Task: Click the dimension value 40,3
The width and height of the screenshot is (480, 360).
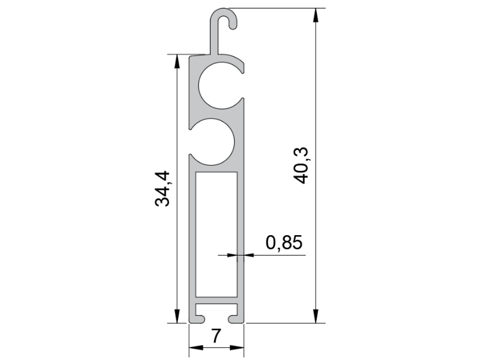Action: point(301,166)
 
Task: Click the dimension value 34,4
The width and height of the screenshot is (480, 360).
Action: point(162,189)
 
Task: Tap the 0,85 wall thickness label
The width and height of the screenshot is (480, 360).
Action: point(284,243)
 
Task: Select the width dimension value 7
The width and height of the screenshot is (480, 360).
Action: point(216,336)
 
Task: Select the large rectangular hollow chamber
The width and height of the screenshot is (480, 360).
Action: point(217,235)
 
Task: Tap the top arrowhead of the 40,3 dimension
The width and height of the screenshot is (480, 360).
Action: point(316,15)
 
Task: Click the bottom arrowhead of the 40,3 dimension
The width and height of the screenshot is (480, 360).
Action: point(316,316)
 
